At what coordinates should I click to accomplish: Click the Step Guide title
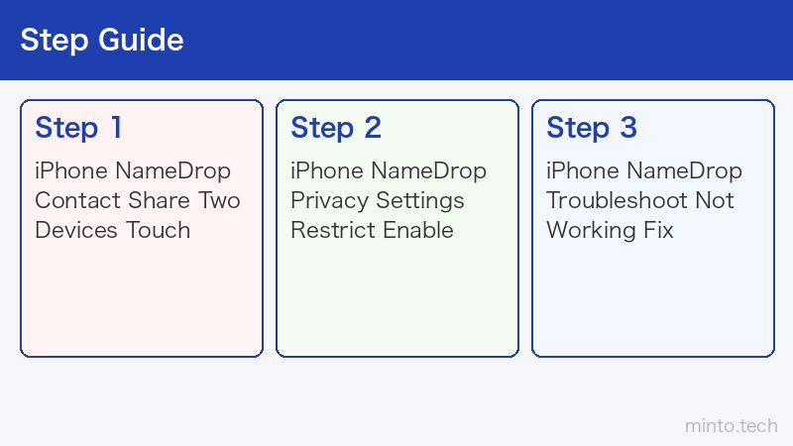pos(102,41)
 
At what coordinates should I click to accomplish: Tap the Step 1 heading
pos(78,128)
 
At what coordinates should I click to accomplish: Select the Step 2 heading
pos(336,128)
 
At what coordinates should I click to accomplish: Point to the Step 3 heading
pos(592,128)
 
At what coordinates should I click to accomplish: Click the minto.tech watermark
pos(732,426)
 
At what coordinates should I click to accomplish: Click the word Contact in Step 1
pos(78,200)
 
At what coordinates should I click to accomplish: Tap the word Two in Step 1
pos(218,200)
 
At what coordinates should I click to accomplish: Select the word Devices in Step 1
pos(76,230)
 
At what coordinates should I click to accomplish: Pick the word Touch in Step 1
pos(158,230)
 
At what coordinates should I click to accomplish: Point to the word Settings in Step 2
pos(420,201)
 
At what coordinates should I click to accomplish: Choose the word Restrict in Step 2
pos(333,230)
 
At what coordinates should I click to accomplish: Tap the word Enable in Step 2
pos(418,230)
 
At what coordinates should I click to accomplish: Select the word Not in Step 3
pos(714,200)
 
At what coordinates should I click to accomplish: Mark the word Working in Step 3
pos(591,231)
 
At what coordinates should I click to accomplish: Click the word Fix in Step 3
pos(658,230)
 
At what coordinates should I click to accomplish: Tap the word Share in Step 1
pos(159,200)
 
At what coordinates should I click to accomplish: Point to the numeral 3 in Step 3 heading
pos(628,128)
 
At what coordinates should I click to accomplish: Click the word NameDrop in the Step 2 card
pos(429,171)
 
